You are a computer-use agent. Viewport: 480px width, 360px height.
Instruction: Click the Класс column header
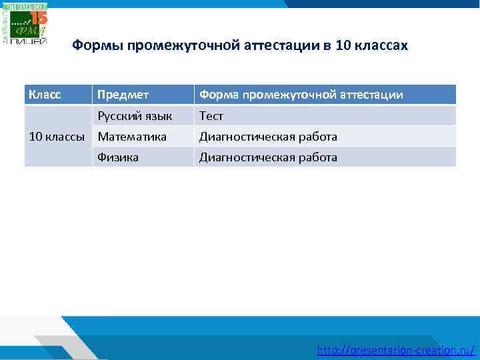click(x=45, y=95)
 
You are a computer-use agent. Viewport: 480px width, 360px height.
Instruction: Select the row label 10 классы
click(x=57, y=137)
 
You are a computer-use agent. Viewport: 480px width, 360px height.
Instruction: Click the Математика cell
click(x=132, y=137)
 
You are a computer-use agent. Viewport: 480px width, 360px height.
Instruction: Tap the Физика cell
click(x=118, y=157)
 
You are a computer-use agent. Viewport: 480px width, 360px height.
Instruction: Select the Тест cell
click(x=211, y=116)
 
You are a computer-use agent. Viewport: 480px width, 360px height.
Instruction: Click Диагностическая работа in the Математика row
click(x=268, y=137)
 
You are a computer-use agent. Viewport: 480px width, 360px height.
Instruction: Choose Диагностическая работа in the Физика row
click(x=268, y=157)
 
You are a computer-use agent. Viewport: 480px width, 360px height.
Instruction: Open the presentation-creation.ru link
click(x=396, y=349)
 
